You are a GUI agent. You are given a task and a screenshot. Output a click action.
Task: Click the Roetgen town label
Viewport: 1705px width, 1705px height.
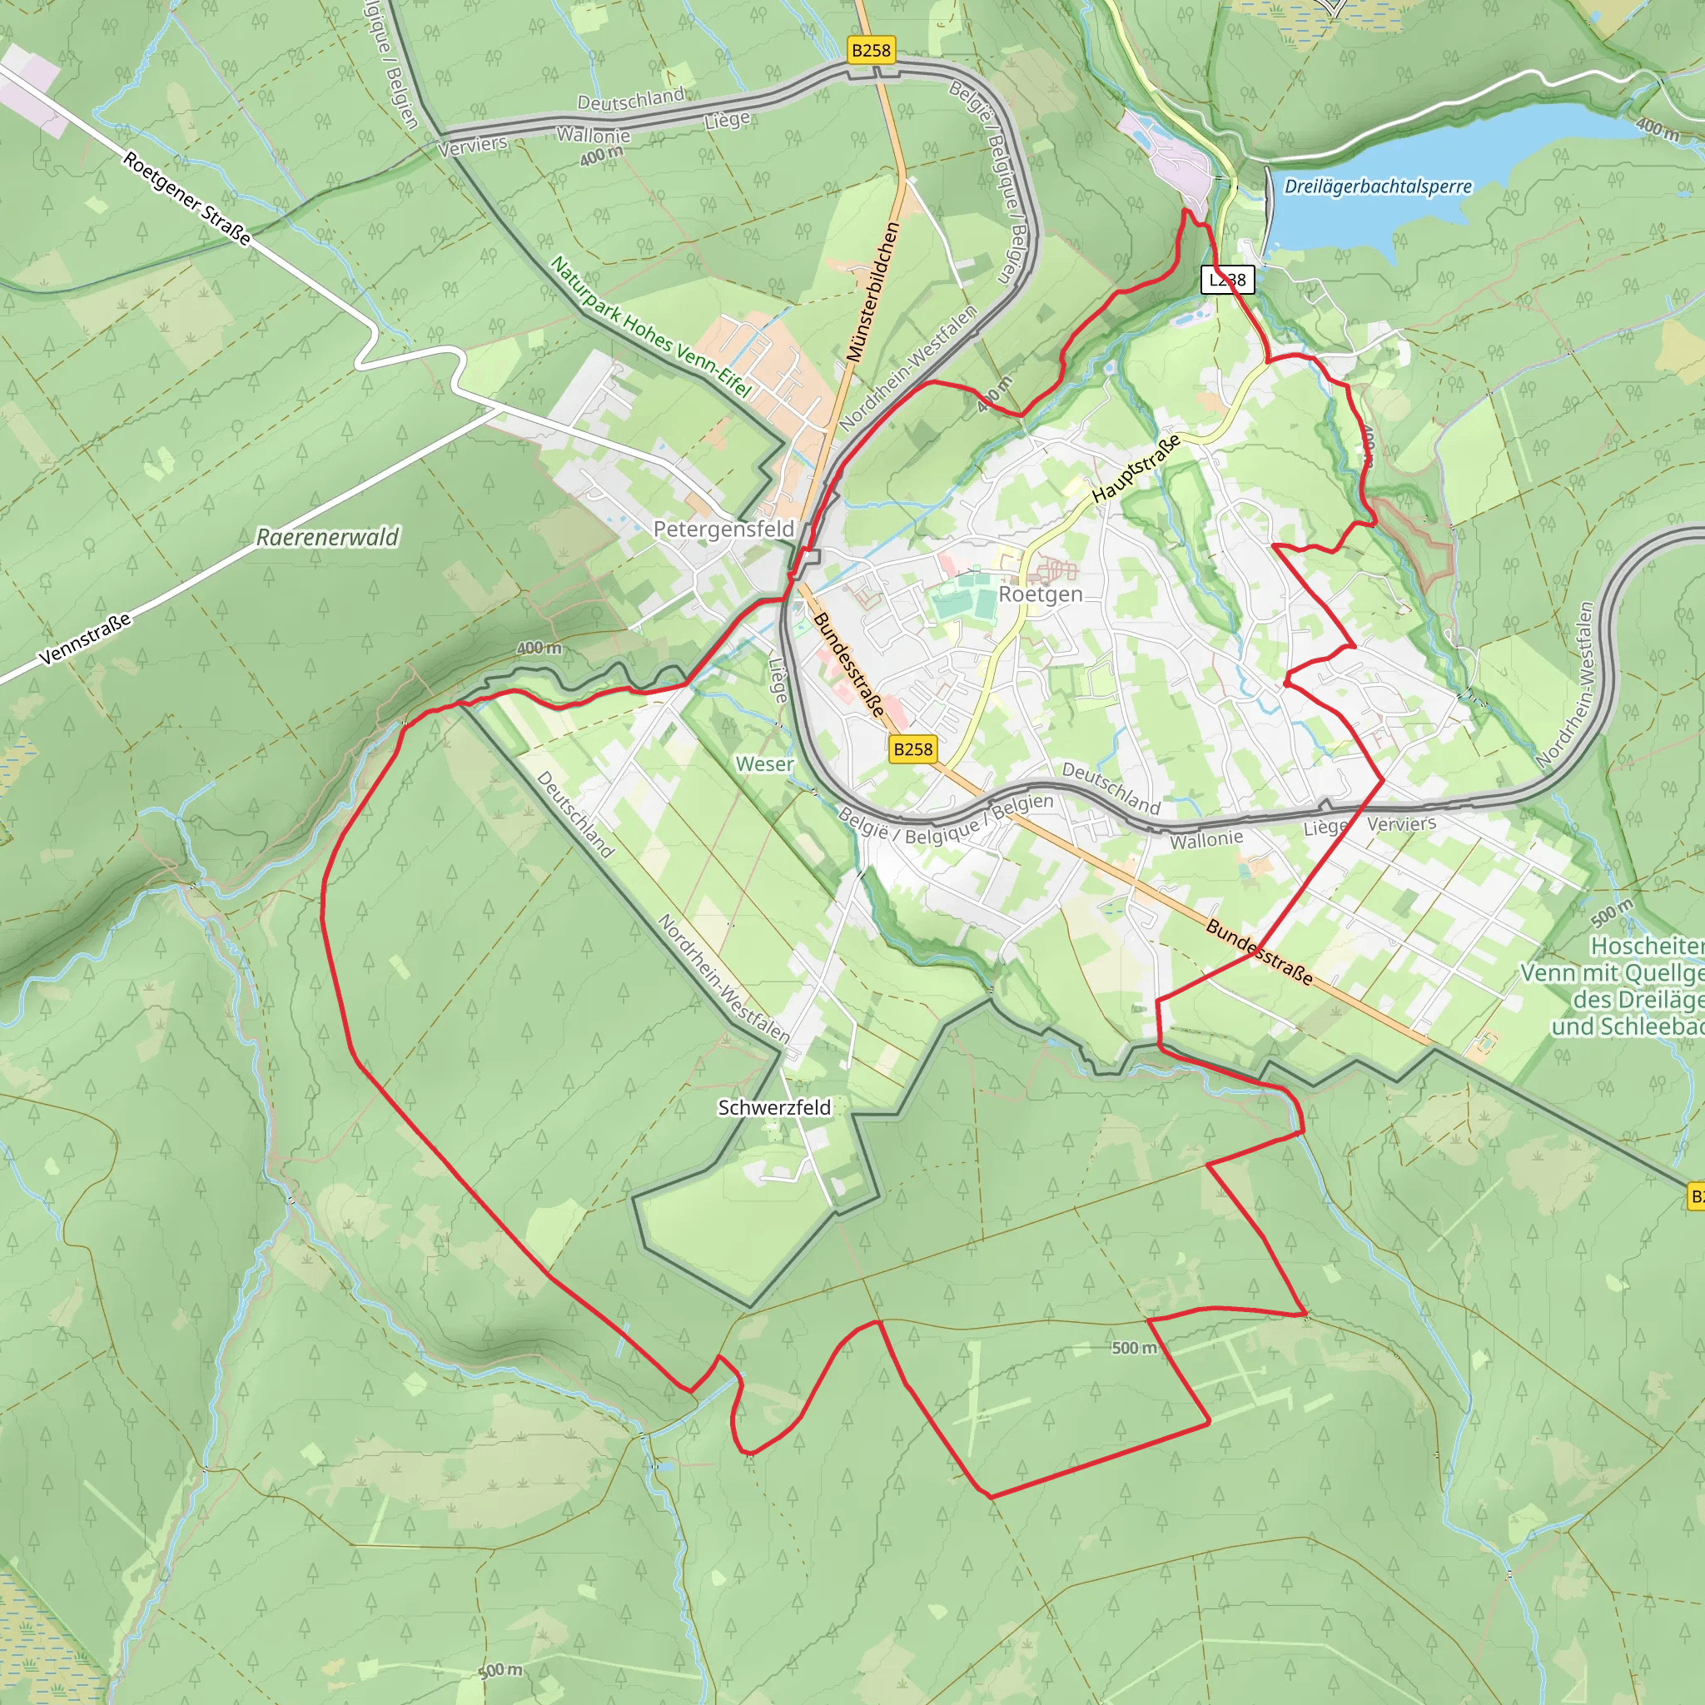pos(1040,594)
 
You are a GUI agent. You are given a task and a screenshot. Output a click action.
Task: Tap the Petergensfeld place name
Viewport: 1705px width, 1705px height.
pos(723,529)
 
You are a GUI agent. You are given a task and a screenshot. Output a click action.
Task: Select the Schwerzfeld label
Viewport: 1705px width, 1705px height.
pos(774,1106)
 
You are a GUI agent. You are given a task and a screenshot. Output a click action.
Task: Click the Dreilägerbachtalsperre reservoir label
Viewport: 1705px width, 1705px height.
pos(1378,186)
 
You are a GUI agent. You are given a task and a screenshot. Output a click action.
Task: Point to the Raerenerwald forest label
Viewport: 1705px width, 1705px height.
pos(327,537)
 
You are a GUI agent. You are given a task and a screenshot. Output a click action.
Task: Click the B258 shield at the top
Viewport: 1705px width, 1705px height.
pos(871,50)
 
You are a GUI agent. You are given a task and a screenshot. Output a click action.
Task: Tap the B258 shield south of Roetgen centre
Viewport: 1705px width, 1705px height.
pos(912,749)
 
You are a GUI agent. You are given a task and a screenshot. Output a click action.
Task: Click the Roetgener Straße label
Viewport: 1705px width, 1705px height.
pos(186,197)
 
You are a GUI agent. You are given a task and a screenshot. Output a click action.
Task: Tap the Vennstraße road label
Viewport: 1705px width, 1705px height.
pos(85,638)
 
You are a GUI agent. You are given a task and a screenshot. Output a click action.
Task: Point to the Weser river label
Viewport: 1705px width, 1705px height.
pos(764,764)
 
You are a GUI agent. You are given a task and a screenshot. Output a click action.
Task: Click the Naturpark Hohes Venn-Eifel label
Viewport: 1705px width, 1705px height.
pos(650,326)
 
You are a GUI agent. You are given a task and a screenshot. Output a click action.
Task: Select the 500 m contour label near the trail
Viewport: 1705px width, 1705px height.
pos(1133,1348)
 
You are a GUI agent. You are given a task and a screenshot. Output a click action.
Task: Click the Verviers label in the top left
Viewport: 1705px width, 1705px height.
pos(473,146)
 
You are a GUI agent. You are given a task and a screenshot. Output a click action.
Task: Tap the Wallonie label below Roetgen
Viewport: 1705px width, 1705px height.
pos(1206,839)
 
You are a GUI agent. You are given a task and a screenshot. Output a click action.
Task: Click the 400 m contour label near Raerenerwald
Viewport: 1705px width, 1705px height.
pos(539,648)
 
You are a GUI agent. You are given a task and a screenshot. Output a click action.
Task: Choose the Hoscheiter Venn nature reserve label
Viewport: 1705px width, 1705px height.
pos(1623,986)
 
